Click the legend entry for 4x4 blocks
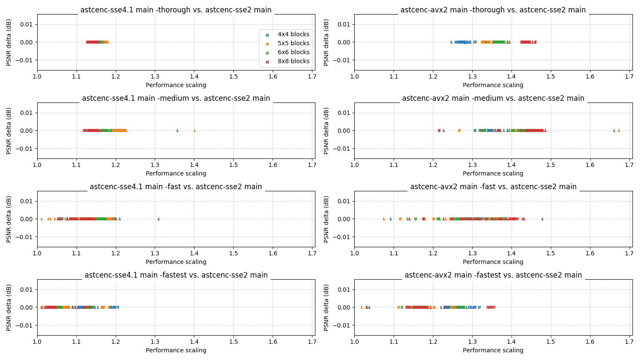pos(293,34)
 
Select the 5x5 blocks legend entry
pos(293,43)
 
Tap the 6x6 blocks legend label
pos(293,52)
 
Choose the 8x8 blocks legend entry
pos(293,61)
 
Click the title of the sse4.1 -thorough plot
pos(176,10)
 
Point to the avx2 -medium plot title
pos(493,98)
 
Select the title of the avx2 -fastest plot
pos(493,275)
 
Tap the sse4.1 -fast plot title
pos(176,187)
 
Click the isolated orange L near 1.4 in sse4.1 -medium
pos(194,131)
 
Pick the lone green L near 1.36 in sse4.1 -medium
pos(177,131)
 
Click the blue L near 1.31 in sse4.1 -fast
pos(159,219)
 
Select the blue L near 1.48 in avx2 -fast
pos(542,219)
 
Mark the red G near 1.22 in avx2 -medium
pos(439,131)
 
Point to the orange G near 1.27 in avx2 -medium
pos(459,131)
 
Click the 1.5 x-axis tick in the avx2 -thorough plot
pos(550,76)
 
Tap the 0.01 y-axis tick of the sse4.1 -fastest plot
pos(26,290)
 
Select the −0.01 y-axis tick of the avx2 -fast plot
pos(342,237)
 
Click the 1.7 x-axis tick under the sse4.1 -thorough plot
pos(312,76)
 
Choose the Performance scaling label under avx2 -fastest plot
pos(493,350)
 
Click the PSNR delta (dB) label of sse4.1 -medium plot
pos(9,131)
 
